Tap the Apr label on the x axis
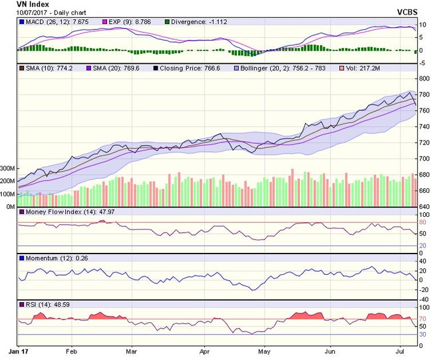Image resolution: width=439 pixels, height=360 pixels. (x=205, y=350)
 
